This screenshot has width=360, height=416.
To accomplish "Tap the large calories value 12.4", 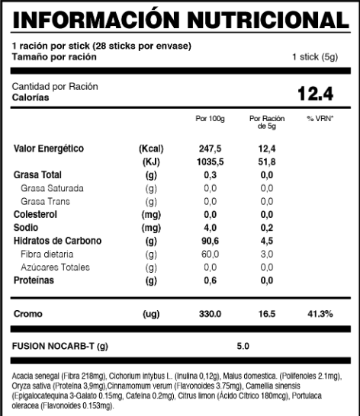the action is pyautogui.click(x=317, y=94).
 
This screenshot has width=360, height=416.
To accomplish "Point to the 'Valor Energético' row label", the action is pyautogui.click(x=50, y=148).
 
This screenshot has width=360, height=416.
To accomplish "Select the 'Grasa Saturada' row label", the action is pyautogui.click(x=53, y=188).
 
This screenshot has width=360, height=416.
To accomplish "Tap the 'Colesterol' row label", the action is pyautogui.click(x=38, y=215).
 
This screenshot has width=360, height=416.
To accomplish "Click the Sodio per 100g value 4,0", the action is pyautogui.click(x=210, y=228).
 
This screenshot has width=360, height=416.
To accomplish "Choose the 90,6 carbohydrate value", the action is pyautogui.click(x=210, y=241).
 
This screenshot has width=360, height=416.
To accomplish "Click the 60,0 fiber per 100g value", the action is pyautogui.click(x=210, y=254).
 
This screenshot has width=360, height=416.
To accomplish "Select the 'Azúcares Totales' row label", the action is pyautogui.click(x=55, y=267).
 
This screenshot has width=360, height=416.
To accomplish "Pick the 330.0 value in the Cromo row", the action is pyautogui.click(x=210, y=314).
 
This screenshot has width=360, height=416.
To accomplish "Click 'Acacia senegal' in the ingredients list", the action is pyautogui.click(x=37, y=376).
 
